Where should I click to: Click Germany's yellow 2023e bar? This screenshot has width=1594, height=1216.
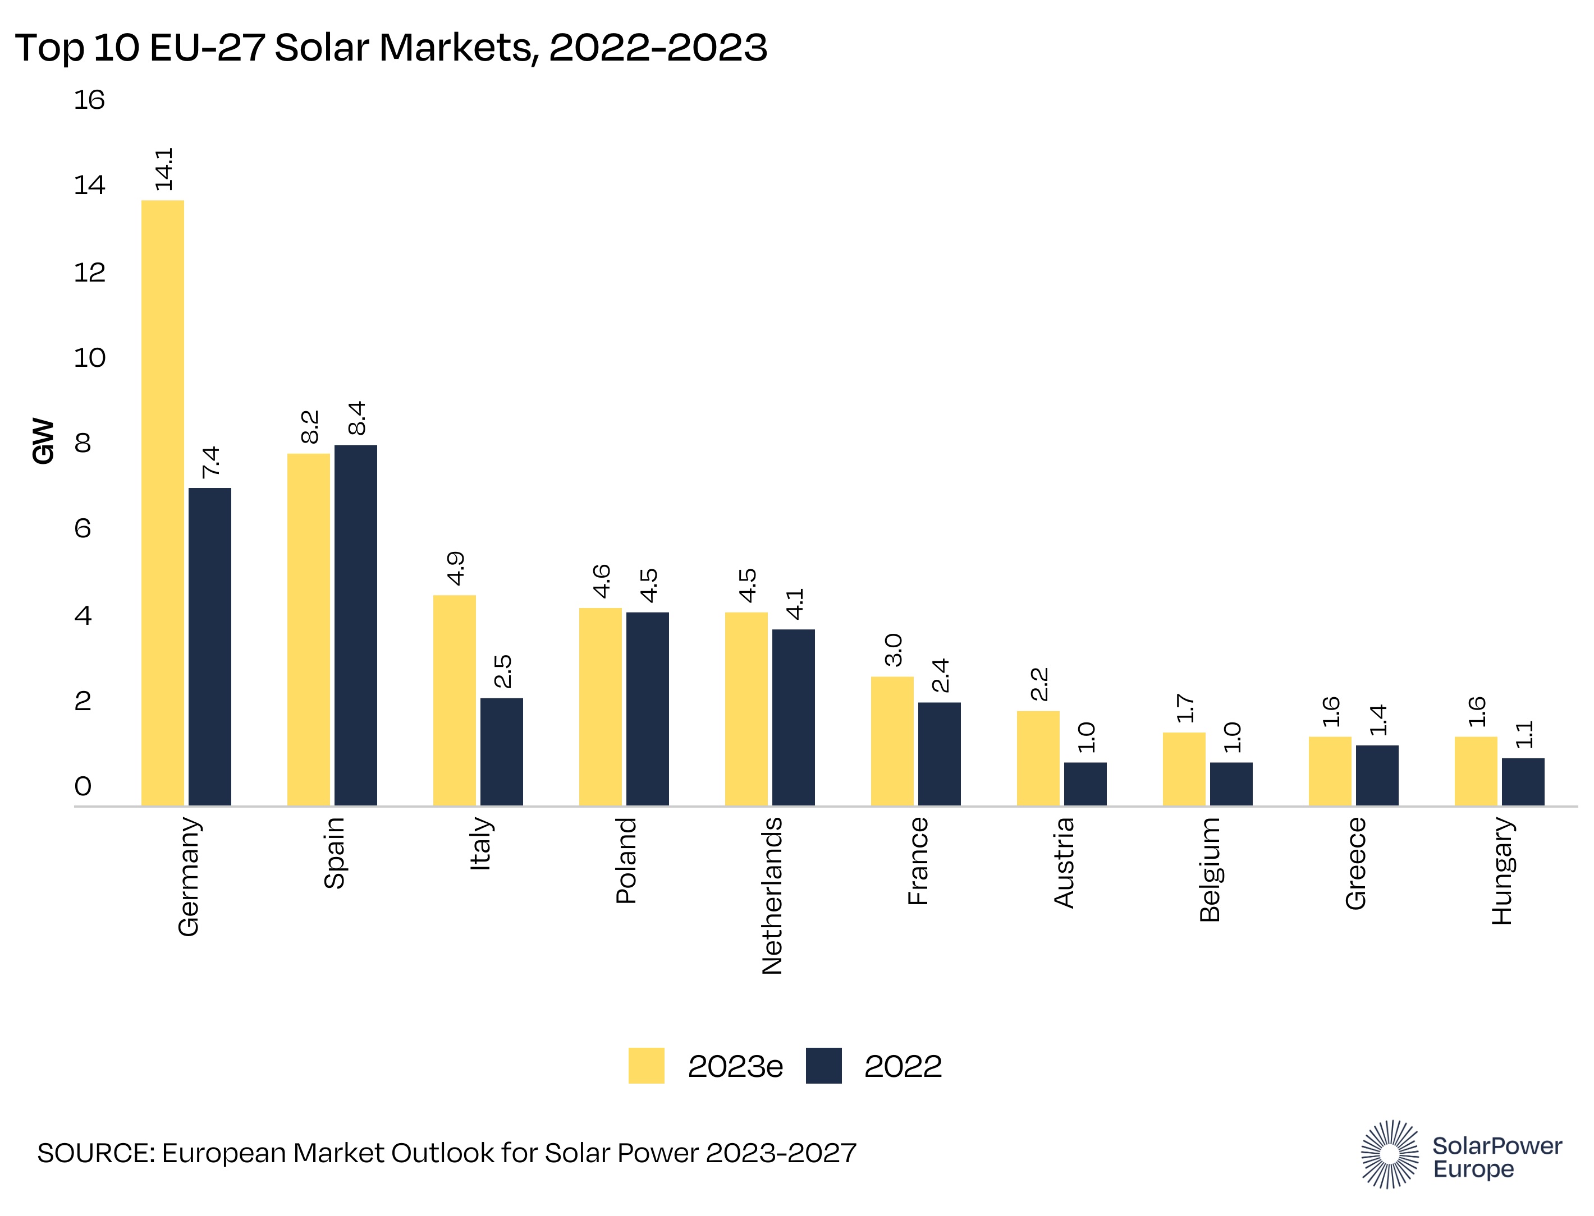[162, 503]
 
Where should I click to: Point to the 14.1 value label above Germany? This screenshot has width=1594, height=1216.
[164, 169]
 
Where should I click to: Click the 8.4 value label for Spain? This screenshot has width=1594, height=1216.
[357, 418]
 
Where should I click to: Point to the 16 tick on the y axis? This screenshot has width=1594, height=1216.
[89, 100]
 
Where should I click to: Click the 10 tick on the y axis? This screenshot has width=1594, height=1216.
[89, 357]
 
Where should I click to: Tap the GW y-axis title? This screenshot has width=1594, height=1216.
[43, 441]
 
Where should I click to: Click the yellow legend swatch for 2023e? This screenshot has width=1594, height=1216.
[646, 1066]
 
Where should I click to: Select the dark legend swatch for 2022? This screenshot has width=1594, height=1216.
[823, 1066]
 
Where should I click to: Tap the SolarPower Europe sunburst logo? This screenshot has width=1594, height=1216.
[1390, 1154]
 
